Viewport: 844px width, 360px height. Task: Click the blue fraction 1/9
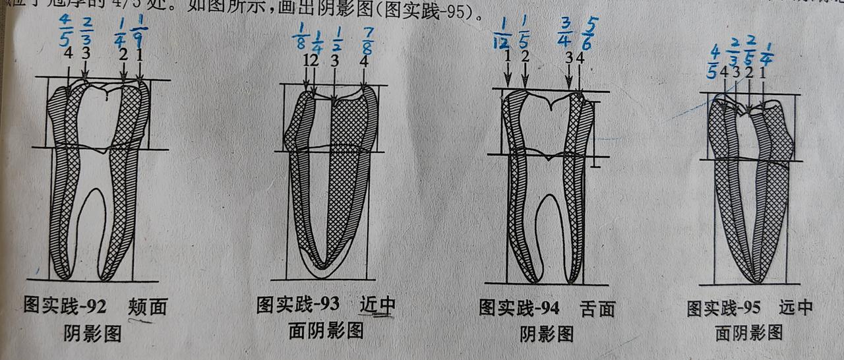138,36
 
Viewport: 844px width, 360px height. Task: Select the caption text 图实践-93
298,305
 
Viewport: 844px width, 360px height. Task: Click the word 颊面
147,307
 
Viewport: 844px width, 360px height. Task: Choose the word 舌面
597,309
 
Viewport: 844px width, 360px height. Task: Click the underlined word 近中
378,305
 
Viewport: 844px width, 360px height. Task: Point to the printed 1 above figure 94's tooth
506,57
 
